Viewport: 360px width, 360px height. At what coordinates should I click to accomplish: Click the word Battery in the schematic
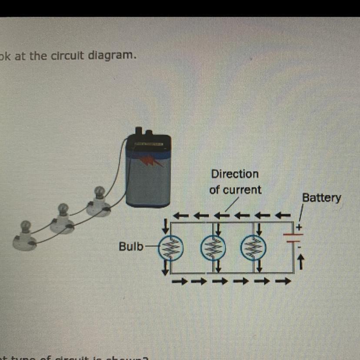[x=322, y=198]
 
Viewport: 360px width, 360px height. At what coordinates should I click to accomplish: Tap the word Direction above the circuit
[x=235, y=174]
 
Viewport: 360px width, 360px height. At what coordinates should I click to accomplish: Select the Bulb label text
[x=131, y=247]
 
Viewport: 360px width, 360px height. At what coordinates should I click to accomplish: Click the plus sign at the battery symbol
[x=298, y=227]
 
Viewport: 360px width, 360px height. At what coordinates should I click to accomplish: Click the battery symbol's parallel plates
[x=294, y=237]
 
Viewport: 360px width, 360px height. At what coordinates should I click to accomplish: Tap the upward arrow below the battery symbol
[x=300, y=261]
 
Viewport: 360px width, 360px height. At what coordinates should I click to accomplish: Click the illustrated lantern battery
[x=148, y=172]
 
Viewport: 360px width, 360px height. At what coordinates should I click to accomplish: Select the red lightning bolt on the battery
[x=152, y=162]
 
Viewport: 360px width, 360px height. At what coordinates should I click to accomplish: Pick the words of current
[x=235, y=190]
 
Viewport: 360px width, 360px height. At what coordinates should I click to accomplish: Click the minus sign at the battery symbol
[x=299, y=248]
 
